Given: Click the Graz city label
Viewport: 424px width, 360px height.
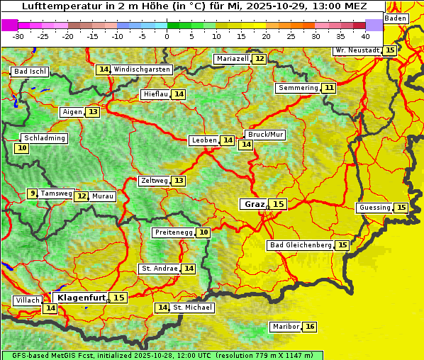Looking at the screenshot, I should [x=254, y=204].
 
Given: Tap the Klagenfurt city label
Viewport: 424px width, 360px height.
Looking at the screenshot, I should [x=80, y=298].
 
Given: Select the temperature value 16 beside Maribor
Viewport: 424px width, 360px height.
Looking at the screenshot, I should [x=310, y=327].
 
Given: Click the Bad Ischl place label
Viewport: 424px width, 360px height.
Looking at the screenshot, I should [x=30, y=72].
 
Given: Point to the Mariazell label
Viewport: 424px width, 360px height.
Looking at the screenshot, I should [x=232, y=59].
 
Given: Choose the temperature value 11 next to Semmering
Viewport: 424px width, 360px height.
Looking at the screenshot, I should [x=328, y=88].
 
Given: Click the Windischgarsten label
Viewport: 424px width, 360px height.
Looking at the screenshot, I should [x=142, y=69].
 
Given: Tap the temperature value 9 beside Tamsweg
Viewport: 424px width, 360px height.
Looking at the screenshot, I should [x=32, y=193].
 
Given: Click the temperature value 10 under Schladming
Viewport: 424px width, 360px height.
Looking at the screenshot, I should [x=22, y=148].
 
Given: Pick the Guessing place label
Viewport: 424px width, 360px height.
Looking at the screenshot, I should [x=374, y=208].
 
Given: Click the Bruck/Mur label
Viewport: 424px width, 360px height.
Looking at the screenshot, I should [x=265, y=135].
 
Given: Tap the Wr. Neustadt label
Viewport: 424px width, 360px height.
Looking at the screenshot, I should [x=357, y=50].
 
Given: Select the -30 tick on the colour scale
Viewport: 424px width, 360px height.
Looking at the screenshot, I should [x=18, y=35].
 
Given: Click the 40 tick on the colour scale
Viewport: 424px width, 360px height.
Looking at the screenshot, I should [x=364, y=35].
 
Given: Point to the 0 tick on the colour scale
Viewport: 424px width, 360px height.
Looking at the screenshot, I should [x=167, y=35].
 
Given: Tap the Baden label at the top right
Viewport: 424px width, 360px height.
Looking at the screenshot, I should [x=396, y=18].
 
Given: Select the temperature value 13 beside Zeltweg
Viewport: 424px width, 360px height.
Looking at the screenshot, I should [x=179, y=181].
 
